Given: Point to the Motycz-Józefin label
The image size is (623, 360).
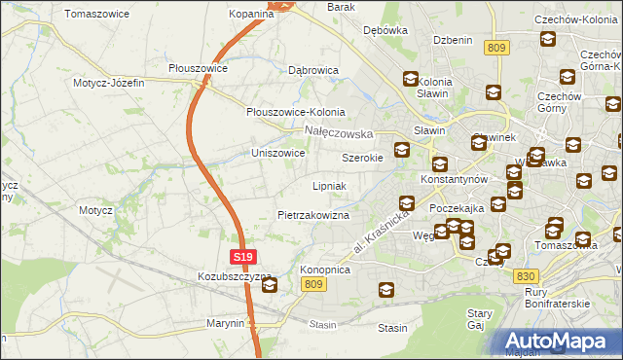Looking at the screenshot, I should [108, 83].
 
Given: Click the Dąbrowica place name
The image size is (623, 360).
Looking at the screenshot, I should [312, 71].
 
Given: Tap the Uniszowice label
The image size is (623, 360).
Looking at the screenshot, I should [278, 154].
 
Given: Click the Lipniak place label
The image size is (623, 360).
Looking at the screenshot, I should [330, 185].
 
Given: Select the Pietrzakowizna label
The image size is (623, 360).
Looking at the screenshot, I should [313, 215].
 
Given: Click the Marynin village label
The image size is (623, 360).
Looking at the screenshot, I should [225, 323].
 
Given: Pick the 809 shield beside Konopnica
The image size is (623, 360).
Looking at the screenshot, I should [312, 283].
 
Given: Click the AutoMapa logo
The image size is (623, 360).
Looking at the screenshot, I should [557, 342].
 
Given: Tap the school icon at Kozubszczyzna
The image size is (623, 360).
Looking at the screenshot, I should [269, 286].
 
